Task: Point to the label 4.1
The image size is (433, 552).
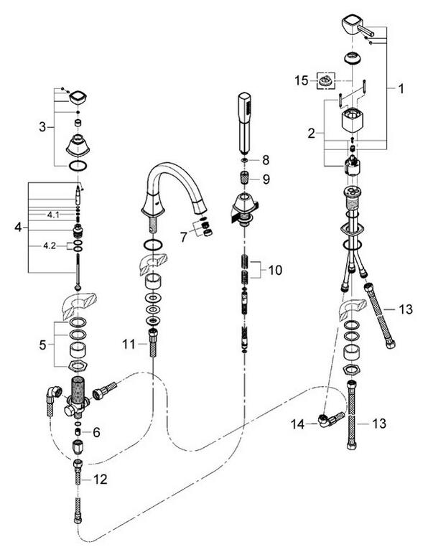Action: tap(52, 215)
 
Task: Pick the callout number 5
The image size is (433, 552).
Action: tap(43, 344)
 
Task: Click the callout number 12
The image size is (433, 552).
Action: tap(103, 479)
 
